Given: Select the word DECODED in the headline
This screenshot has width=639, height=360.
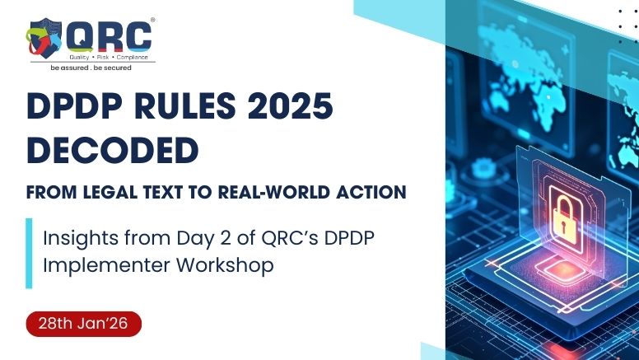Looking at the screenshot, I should pos(112,151).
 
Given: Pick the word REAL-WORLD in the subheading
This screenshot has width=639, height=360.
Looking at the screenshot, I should pos(282,192).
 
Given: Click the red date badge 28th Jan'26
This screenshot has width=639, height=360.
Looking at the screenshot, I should pos(84,324).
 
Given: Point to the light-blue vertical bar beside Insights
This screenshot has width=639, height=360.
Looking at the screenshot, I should pos(29,252).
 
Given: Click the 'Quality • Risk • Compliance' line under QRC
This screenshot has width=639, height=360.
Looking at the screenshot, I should pos(108,56).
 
